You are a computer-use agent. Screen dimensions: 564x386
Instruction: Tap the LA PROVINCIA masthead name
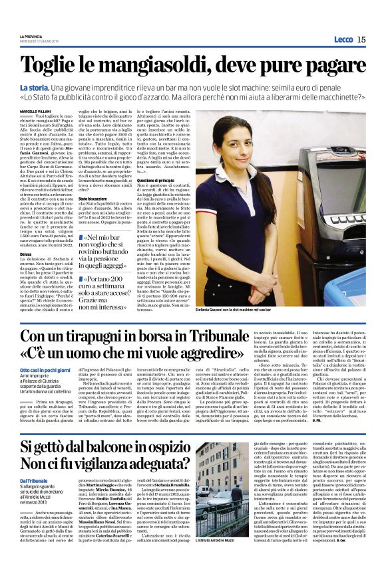[x=31, y=36]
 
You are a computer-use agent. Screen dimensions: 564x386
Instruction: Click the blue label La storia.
[x=34, y=88]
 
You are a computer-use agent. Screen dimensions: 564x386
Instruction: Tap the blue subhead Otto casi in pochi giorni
[x=47, y=369]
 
